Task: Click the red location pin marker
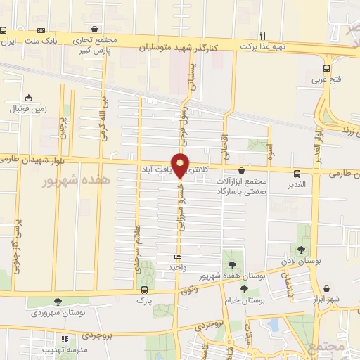[181, 165]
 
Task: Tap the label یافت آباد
[156, 169]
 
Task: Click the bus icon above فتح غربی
[326, 68]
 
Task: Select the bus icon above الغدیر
[297, 172]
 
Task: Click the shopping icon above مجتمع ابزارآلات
[242, 170]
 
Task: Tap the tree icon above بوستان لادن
[301, 249]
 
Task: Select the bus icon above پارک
[145, 290]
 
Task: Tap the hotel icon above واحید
[176, 257]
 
